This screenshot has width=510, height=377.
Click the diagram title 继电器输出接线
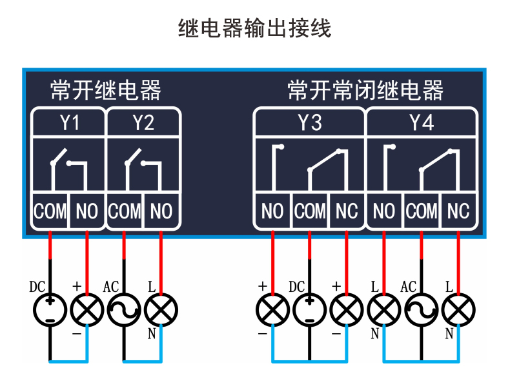coord(254,29)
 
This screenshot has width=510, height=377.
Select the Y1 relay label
coord(69,122)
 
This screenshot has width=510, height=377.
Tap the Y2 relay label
coord(143,122)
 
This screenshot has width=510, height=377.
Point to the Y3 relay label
coord(309,122)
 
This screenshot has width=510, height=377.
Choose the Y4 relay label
coord(422,122)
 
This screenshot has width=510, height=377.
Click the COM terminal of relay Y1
coord(50,211)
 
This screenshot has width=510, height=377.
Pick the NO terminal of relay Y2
coord(161,211)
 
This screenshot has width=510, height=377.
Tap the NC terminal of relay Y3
coord(347,211)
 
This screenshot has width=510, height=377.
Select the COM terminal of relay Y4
coord(422,211)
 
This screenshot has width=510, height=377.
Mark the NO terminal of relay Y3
coord(272,211)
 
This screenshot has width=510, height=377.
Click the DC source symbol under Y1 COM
coord(50,311)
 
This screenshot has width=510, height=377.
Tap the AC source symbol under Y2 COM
coord(124,311)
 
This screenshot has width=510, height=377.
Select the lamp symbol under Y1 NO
coord(87,311)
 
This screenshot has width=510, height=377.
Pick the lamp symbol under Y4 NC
coord(458,311)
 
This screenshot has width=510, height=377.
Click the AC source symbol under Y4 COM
coord(422,311)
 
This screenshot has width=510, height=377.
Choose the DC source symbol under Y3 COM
coord(309,311)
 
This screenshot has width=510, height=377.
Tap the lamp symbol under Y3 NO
coord(272,311)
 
